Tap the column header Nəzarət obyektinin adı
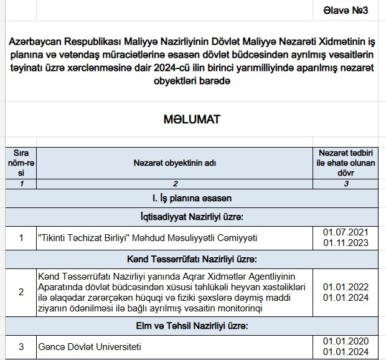175,163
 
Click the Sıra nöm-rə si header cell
21,163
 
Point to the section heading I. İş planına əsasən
192,198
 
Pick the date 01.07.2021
346,232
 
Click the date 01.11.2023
346,243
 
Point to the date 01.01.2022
346,287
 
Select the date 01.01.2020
346,340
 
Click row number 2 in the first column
21,292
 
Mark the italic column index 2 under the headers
175,183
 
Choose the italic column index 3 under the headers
346,183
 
